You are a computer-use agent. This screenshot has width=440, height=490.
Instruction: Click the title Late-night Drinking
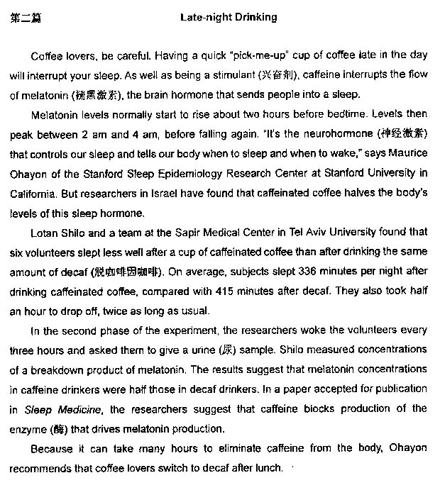pos(228,18)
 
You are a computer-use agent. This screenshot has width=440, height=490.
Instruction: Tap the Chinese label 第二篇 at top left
pos(26,18)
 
